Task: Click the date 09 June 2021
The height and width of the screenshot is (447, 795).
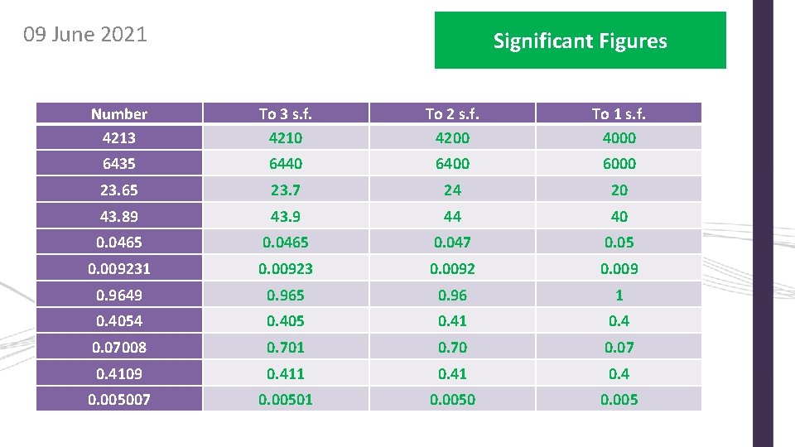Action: click(x=85, y=35)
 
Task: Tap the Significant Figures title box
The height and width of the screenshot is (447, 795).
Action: click(x=580, y=41)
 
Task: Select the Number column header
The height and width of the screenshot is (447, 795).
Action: click(x=119, y=114)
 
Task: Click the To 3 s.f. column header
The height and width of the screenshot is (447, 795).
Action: click(x=286, y=114)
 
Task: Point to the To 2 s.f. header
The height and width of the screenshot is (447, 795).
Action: click(x=452, y=114)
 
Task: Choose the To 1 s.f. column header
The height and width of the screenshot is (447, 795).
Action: click(x=619, y=114)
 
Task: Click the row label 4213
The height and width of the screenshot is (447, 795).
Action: click(x=119, y=137)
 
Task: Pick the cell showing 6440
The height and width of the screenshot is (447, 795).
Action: click(x=286, y=164)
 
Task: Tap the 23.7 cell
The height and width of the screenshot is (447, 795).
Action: click(x=286, y=190)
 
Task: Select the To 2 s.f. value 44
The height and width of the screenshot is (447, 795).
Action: click(x=452, y=216)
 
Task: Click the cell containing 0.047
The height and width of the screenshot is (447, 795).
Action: click(x=452, y=243)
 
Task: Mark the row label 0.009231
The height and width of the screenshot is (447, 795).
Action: click(x=119, y=268)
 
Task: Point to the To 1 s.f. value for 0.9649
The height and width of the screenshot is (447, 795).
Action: click(x=619, y=295)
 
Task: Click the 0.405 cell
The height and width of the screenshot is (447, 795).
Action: click(x=286, y=320)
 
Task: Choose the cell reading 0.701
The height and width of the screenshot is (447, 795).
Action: click(x=286, y=347)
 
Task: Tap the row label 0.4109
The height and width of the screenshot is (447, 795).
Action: click(x=119, y=373)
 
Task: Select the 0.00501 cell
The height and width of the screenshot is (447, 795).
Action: click(x=286, y=400)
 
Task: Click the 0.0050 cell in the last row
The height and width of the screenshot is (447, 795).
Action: click(x=452, y=400)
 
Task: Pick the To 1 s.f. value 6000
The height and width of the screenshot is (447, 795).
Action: click(x=619, y=164)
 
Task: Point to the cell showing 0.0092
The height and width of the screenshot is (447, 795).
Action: click(x=452, y=268)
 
